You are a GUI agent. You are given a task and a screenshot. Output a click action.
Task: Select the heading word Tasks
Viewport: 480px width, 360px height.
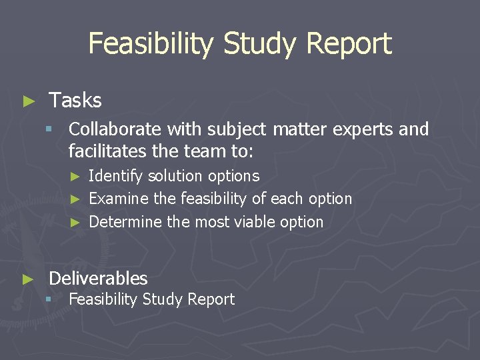click(75, 101)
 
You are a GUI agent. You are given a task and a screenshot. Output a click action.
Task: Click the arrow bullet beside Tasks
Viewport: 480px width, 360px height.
click(28, 101)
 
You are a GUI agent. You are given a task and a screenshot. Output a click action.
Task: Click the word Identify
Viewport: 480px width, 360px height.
click(116, 176)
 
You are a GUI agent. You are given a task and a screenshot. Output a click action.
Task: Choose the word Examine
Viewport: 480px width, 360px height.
click(119, 199)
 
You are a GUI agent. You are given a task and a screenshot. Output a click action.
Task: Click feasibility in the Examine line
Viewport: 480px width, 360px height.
click(213, 199)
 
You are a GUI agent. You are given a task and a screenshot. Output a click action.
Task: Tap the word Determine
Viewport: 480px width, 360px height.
click(125, 221)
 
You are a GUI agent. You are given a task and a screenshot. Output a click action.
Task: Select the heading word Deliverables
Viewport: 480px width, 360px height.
click(98, 278)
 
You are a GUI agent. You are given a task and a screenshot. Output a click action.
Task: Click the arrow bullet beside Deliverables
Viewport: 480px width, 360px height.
click(28, 279)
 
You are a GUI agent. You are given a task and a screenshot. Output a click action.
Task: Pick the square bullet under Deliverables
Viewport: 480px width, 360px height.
click(49, 300)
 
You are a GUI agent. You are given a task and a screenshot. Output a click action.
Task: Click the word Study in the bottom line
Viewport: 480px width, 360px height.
click(161, 299)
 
